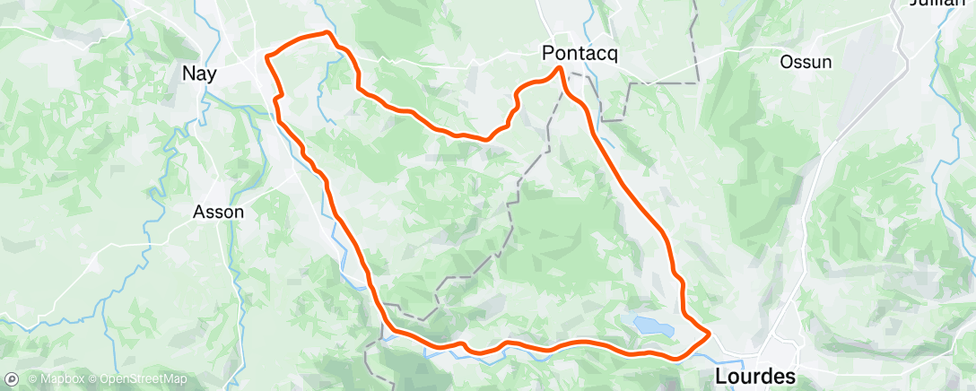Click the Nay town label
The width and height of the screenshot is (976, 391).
[198, 74]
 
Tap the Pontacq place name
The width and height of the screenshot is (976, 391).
[580, 54]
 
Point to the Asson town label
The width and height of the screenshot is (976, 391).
[219, 213]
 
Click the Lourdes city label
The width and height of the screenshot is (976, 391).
[754, 377]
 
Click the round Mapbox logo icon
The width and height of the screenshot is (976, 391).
[11, 378]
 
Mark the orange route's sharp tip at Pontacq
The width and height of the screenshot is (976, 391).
[560, 68]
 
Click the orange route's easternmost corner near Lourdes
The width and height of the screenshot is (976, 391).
[710, 334]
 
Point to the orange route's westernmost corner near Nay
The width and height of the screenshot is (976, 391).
[266, 57]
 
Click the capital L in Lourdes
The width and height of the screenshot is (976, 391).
[720, 377]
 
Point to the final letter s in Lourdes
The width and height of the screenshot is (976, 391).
[789, 377]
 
